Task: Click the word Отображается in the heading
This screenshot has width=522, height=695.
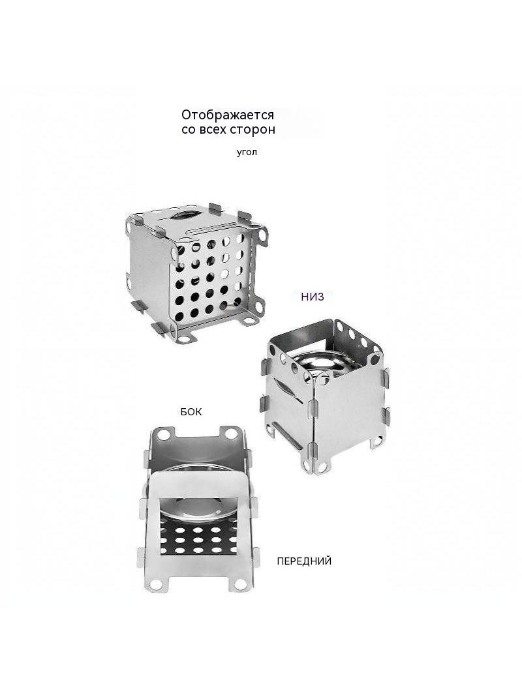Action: click(228, 115)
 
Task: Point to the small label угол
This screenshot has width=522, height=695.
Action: click(247, 153)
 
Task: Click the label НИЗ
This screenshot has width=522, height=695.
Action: click(313, 297)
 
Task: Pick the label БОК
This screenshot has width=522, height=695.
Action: click(191, 412)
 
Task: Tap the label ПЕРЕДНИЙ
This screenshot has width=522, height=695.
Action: click(304, 561)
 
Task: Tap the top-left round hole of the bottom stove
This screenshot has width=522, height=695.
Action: click(164, 435)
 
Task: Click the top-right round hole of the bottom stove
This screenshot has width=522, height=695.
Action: click(232, 434)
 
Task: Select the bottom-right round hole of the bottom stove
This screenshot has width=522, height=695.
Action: click(240, 584)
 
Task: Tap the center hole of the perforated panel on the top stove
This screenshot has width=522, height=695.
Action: click(209, 277)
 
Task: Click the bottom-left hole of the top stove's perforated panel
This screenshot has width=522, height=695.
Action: click(179, 316)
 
